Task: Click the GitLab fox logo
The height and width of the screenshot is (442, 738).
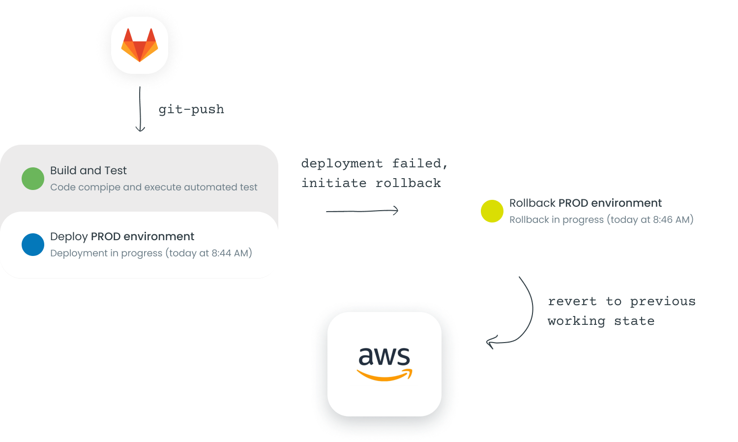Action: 140,45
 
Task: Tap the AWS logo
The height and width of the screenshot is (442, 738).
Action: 384,364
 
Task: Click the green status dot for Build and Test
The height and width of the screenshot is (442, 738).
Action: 33,179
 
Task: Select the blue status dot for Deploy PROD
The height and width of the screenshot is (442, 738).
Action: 33,245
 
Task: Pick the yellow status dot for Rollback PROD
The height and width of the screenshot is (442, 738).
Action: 492,211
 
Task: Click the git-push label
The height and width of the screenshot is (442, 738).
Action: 191,109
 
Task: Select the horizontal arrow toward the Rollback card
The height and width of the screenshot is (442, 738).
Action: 362,211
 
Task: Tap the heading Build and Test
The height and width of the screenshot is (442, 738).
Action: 89,170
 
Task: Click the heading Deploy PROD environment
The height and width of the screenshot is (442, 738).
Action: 122,236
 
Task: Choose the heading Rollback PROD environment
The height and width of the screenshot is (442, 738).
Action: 585,203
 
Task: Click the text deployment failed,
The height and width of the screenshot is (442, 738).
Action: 374,163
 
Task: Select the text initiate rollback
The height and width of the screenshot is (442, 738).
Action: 371,183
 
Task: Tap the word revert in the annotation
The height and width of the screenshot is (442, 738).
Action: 572,301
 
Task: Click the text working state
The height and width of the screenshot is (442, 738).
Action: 601,321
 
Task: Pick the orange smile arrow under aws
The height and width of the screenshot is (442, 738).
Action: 384,376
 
